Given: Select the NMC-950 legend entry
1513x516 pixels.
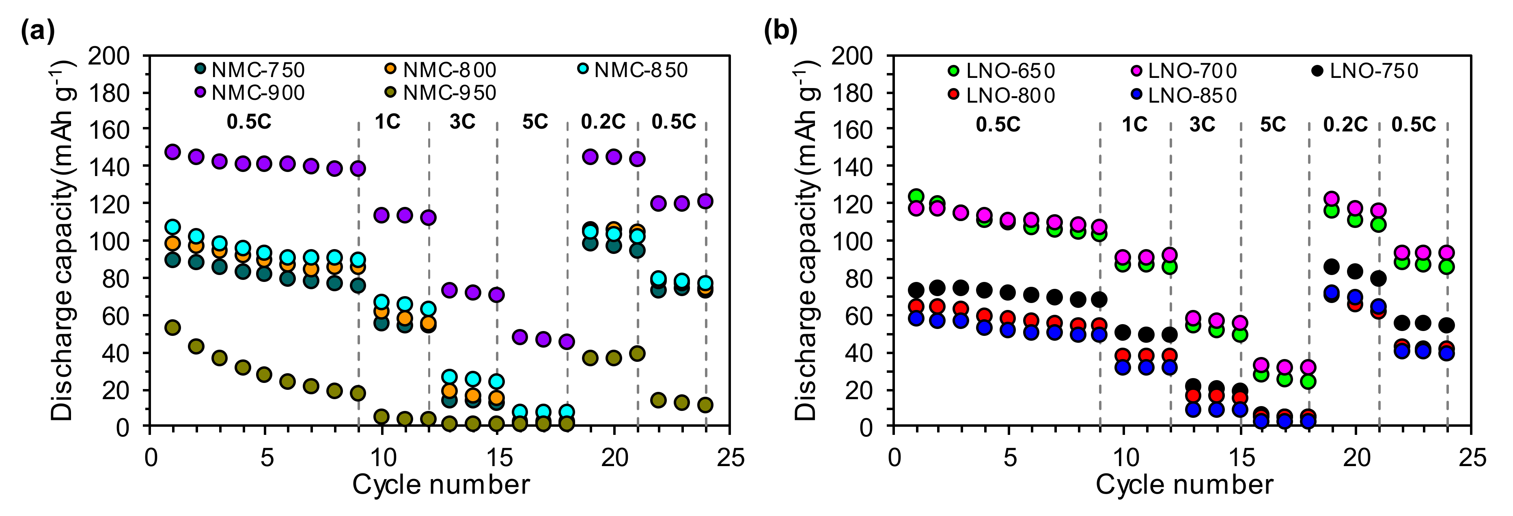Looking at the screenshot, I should coord(441,93).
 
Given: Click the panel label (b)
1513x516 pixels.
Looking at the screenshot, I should coord(780,30).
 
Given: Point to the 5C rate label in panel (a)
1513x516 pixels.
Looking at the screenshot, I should coord(535,122).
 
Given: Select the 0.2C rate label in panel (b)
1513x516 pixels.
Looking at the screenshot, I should coord(1345,125).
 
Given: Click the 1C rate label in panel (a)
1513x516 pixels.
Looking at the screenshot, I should coord(388,122).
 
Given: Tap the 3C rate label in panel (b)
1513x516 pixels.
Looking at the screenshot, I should coord(1202,125).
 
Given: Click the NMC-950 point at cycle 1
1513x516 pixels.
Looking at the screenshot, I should coord(172,327).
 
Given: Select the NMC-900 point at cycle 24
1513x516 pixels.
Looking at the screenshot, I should coord(705,201).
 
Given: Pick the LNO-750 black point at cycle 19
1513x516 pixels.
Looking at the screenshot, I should coord(1332,267).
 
